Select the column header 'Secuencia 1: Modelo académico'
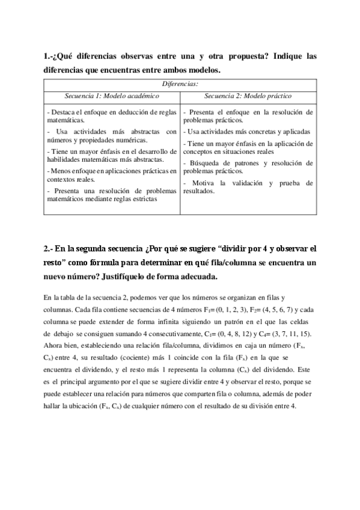112,96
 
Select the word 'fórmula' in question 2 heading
125,263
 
